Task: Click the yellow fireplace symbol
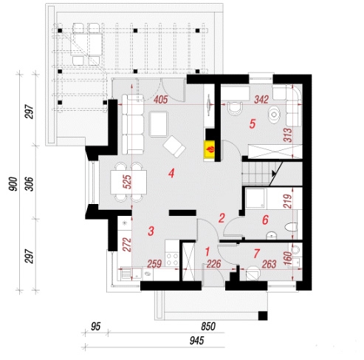tap(210, 149)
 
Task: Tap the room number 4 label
tap(171, 173)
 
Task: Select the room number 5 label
tap(253, 123)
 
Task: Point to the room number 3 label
tap(151, 231)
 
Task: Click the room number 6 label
tap(265, 220)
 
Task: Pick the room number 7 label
tap(257, 253)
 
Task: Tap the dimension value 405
tap(161, 100)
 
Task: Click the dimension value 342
tap(261, 100)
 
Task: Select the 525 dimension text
tap(127, 182)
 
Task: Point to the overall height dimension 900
tap(13, 184)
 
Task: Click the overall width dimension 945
tap(197, 341)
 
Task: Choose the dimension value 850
tap(208, 327)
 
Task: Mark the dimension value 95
tap(96, 327)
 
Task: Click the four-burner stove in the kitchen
tap(172, 259)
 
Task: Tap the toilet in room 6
tap(292, 227)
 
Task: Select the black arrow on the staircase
tap(274, 173)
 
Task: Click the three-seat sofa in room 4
tap(133, 124)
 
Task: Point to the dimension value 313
tap(287, 135)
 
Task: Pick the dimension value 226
tap(213, 264)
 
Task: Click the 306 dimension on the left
tap(30, 184)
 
